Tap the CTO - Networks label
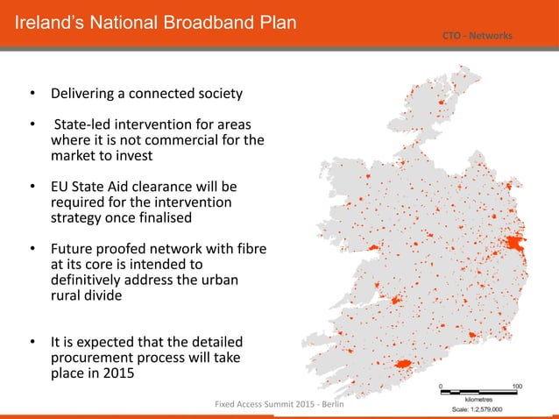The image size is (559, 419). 478,35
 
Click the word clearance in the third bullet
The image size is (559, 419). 171,188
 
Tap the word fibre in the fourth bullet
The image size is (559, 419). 248,249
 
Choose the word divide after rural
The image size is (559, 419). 103,295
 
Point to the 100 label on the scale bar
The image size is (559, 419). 518,386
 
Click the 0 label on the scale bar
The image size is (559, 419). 442,386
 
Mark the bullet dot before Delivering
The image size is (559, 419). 32,93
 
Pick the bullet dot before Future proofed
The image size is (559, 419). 32,250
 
